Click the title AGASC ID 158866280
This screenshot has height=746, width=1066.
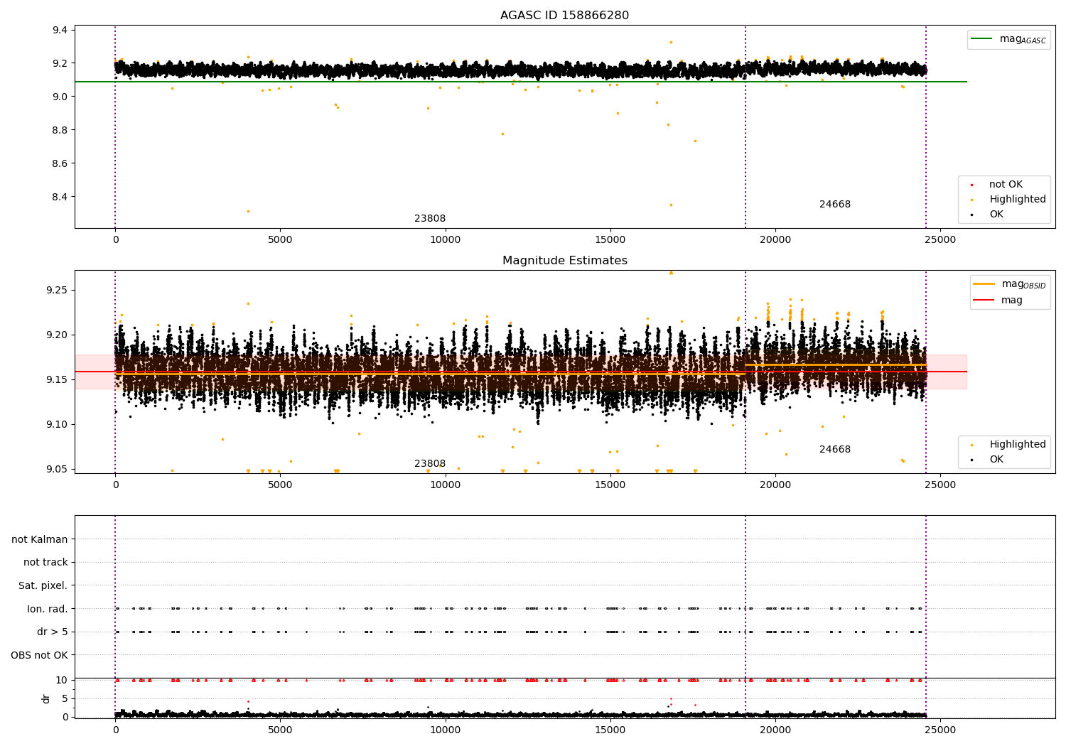(x=564, y=16)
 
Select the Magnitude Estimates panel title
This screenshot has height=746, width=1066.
(x=564, y=261)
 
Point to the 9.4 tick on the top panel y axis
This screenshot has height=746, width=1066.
(x=60, y=30)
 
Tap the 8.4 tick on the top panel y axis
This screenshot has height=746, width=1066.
(x=60, y=197)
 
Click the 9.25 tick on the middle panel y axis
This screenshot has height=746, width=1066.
(x=57, y=290)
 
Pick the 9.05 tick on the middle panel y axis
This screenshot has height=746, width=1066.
(x=57, y=469)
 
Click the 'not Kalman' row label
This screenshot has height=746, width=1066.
(x=40, y=539)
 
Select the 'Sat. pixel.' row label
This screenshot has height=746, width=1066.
(x=43, y=585)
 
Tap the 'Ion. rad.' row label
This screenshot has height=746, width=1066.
(x=47, y=609)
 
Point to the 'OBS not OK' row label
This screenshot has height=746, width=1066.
(x=39, y=655)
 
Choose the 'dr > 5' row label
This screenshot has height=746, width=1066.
(x=52, y=632)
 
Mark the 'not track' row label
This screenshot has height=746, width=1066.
(x=45, y=562)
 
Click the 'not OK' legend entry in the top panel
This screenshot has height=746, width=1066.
(x=1005, y=185)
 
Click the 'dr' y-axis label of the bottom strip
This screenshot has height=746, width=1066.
(x=46, y=698)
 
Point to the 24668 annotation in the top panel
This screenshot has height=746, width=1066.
(x=834, y=205)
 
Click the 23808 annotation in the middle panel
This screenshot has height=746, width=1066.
(x=430, y=464)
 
